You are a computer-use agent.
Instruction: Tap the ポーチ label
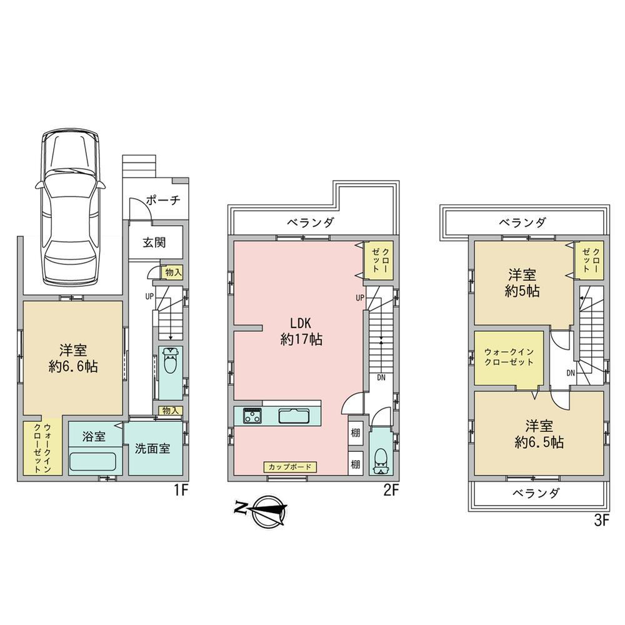pyautogui.click(x=163, y=200)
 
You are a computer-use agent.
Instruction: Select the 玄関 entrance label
pyautogui.click(x=154, y=242)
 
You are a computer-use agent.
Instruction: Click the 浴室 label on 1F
pyautogui.click(x=94, y=436)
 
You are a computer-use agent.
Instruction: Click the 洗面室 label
pyautogui.click(x=152, y=448)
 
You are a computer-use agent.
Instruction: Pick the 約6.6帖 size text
pyautogui.click(x=73, y=367)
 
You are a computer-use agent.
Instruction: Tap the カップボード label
pyautogui.click(x=290, y=467)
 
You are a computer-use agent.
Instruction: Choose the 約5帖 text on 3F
pyautogui.click(x=522, y=291)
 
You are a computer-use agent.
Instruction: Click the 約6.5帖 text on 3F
pyautogui.click(x=539, y=442)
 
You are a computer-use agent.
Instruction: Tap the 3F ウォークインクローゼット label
pyautogui.click(x=509, y=357)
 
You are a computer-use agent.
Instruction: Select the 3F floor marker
pyautogui.click(x=601, y=521)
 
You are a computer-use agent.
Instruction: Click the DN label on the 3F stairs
pyautogui.click(x=571, y=373)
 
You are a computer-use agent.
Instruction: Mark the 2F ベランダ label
pyautogui.click(x=311, y=222)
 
